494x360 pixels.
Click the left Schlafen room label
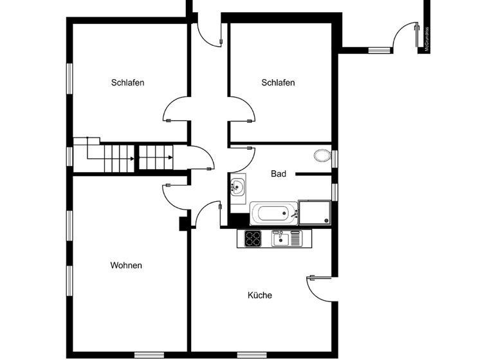point(127,83)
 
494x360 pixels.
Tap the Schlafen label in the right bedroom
point(278,83)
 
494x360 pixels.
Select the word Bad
point(278,174)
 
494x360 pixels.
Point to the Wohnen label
point(126,265)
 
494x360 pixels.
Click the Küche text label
point(260,296)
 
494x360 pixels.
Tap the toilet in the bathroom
point(321,155)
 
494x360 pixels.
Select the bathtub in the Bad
point(273,213)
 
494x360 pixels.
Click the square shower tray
point(314,212)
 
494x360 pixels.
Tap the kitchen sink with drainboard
point(286,239)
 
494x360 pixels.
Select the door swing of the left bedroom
point(176,109)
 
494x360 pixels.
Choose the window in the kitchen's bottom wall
point(252,355)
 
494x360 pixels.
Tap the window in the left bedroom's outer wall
point(69,78)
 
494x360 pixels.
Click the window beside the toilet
point(334,157)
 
